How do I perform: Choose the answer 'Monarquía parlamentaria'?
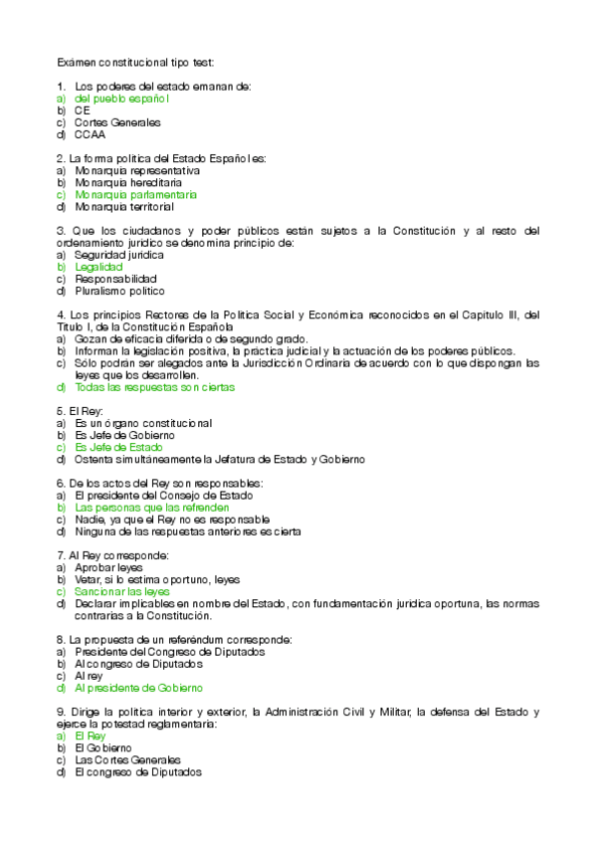(136, 195)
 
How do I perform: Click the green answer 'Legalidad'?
(99, 267)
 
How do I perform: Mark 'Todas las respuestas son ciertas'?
(154, 387)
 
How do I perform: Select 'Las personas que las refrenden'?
(152, 508)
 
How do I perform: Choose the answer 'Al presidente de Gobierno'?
(138, 688)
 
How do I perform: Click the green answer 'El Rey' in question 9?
(90, 736)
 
